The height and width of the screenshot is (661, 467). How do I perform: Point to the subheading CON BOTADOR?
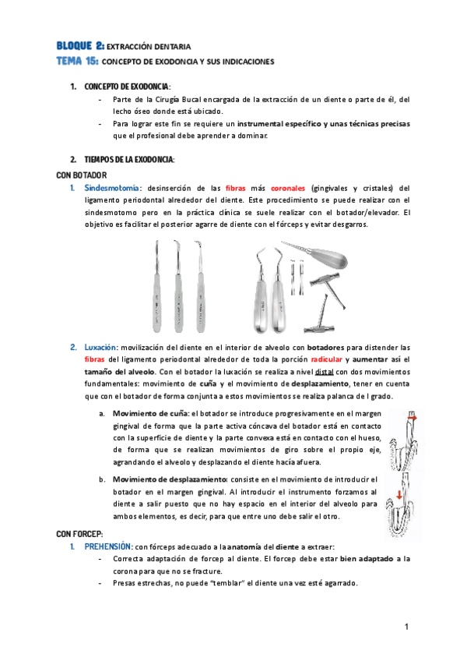(x=82, y=175)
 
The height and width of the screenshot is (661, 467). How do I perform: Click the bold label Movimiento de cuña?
(x=150, y=413)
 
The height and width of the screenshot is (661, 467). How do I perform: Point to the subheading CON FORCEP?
(x=81, y=534)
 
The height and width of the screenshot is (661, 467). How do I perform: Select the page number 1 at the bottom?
(x=406, y=627)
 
